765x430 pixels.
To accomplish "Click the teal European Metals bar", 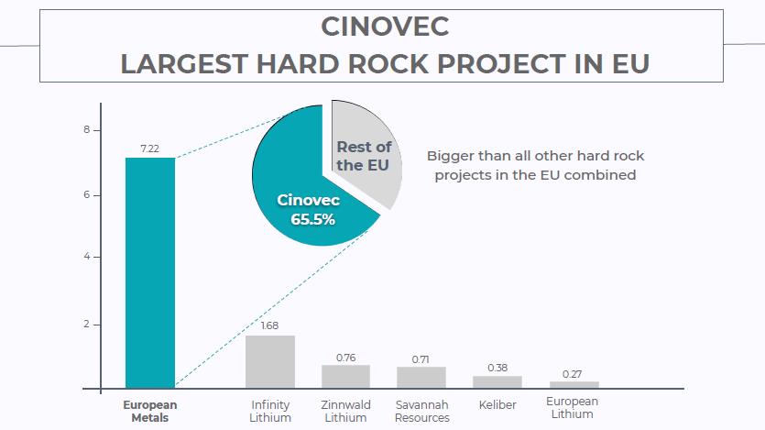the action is pos(150,273).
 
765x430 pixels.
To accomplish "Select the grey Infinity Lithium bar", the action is pos(269,361).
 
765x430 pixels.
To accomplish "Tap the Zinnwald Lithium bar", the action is pos(346,376).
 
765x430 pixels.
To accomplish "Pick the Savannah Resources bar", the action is pos(421,378).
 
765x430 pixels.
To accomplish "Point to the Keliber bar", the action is pos(497,382).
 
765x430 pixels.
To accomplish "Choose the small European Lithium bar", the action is pos(574,384).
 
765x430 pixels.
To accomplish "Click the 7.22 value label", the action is pos(149,149).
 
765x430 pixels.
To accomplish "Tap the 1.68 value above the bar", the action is pos(269,325).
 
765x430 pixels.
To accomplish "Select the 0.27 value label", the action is pos(572,374).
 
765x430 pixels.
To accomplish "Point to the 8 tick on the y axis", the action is pos(87,130).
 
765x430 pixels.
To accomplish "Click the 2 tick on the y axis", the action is pos(87,324).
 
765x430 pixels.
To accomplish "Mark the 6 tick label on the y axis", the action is pos(87,194).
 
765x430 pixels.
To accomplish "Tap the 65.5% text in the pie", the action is pos(312,220).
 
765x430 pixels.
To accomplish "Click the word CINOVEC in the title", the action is pos(385,27).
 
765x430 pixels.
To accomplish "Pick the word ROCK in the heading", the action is pos(389,64).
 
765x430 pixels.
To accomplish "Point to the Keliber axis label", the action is pos(497,405).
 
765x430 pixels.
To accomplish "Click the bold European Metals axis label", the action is pos(149,412).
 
